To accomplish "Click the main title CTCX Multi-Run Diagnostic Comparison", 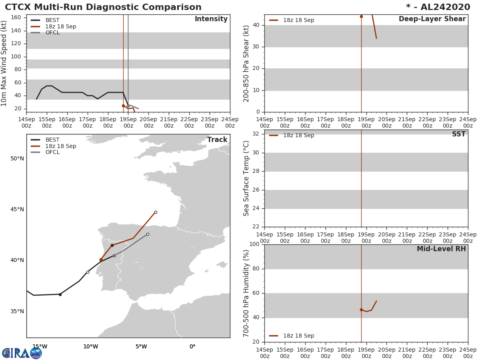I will coord(103,7).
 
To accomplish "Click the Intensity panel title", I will coord(211,19).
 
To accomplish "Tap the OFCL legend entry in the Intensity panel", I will coord(52,33).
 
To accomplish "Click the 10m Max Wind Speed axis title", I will coord(4,63).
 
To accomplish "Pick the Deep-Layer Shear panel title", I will coord(432,19).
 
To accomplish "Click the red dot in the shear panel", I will coord(361,16).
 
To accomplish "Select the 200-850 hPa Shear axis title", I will coord(246,63).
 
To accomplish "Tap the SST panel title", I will coord(458,134).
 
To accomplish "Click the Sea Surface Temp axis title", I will coord(246,178).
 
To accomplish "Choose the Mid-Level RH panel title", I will coord(441,249).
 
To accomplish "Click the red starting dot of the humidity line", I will coord(361,310).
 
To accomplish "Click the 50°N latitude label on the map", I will coord(17,159).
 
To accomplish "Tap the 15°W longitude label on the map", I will coord(40,347).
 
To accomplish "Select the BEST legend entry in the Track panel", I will coord(52,140).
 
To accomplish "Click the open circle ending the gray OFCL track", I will coord(148,234).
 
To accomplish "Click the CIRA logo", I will coord(22,353).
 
